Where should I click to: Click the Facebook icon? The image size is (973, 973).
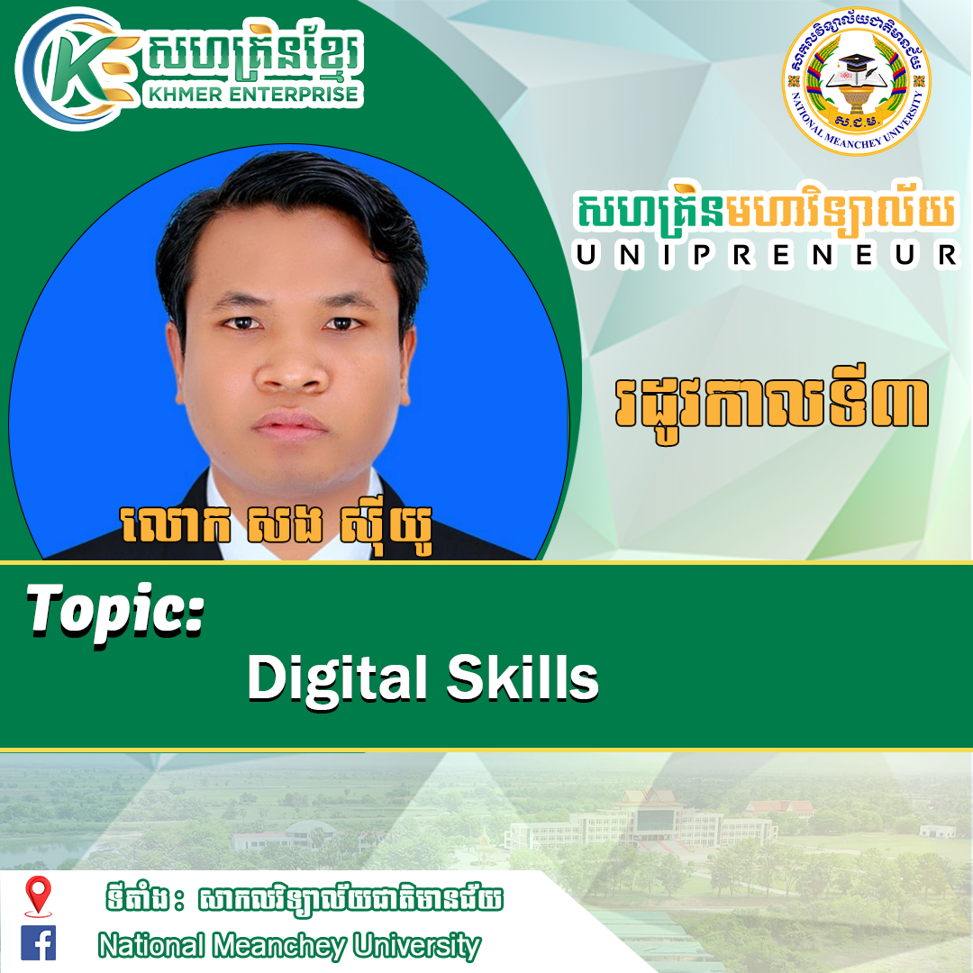point(38,942)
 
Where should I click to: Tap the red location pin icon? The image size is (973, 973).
point(38,896)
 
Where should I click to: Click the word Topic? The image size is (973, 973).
point(114,614)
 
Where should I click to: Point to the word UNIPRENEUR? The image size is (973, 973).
point(767,255)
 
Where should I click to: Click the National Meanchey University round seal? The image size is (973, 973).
point(857,81)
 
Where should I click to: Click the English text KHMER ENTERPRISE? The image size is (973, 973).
point(253,94)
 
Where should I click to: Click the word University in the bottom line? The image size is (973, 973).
point(416,947)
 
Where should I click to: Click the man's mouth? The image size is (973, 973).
point(290,425)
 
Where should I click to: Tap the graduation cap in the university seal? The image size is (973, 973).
point(857,61)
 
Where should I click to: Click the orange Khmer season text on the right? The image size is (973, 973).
point(771,405)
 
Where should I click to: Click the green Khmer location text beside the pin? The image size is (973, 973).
point(305,899)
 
